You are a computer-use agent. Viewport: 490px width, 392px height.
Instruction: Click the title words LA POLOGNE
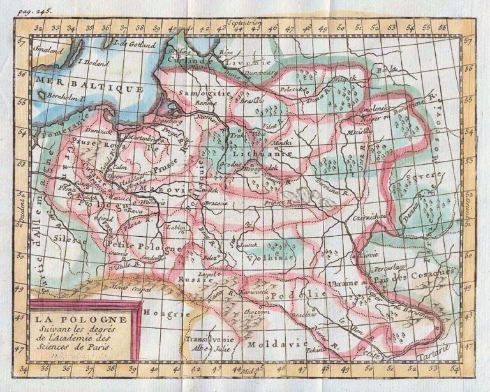pyautogui.click(x=81, y=319)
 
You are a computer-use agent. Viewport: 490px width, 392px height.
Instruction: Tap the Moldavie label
pyautogui.click(x=270, y=343)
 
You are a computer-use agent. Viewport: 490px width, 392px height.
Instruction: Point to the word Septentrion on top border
pyautogui.click(x=244, y=21)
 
